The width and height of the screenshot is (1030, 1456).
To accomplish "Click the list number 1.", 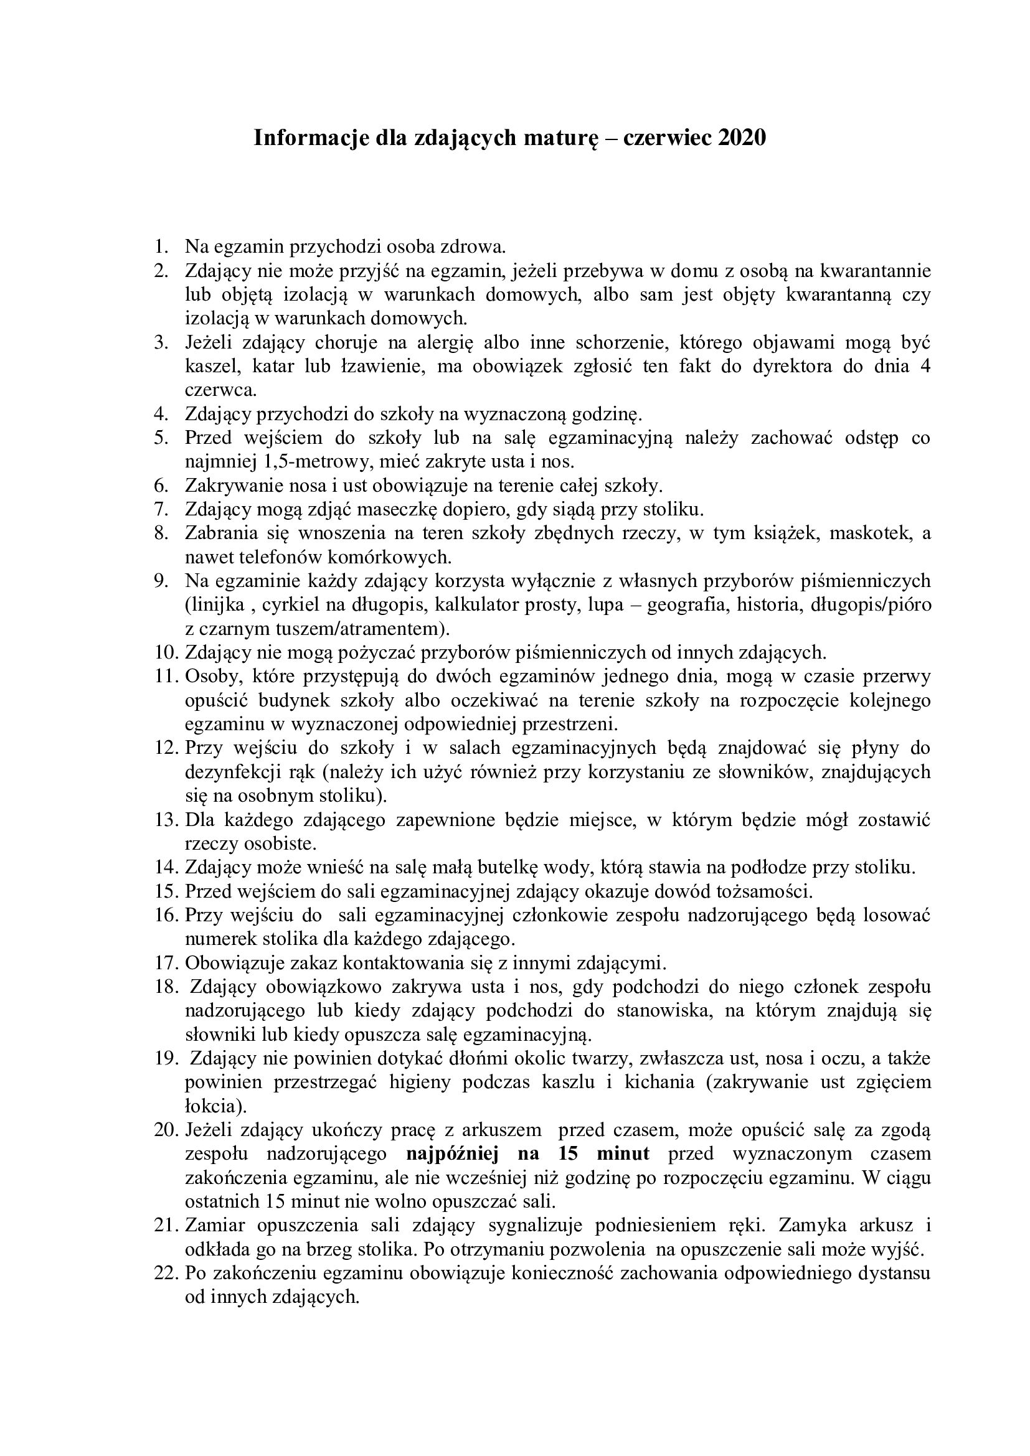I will [161, 246].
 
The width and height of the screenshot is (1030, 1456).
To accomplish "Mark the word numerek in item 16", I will [220, 938].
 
